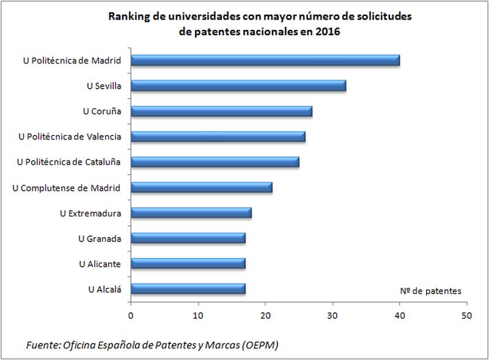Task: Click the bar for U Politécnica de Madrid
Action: tap(265, 60)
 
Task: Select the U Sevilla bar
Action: tap(238, 86)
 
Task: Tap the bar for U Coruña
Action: tap(221, 111)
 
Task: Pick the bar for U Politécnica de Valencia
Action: tap(218, 136)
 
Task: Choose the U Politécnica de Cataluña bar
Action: tap(215, 162)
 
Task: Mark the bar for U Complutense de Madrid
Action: tap(201, 187)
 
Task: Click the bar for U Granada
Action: tap(188, 238)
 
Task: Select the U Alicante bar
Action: tap(188, 263)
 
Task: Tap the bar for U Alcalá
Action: tap(188, 288)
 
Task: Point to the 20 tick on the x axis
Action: tap(265, 316)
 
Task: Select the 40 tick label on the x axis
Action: tap(400, 316)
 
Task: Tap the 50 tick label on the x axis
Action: tap(467, 316)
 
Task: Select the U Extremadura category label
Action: tap(90, 213)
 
